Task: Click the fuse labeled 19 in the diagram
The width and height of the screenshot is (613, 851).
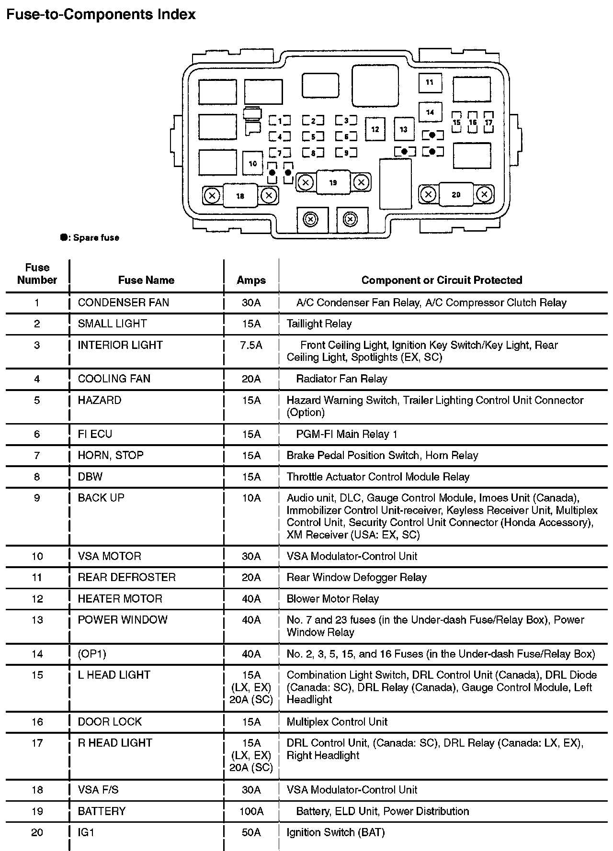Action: click(x=333, y=182)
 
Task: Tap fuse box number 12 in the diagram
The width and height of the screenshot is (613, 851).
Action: click(x=375, y=129)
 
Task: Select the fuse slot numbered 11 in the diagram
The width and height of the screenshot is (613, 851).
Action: click(x=430, y=83)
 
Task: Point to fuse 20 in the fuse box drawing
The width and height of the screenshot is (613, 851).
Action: click(x=456, y=194)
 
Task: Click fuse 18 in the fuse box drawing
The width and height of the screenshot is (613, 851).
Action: click(x=240, y=195)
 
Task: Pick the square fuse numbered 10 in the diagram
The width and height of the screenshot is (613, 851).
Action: click(x=253, y=164)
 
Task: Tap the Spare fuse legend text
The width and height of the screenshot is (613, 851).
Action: click(x=95, y=238)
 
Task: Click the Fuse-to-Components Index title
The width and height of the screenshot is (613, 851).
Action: click(x=101, y=15)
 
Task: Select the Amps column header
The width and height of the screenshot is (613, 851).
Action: click(x=251, y=280)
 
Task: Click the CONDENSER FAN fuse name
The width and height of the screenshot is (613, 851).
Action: click(x=124, y=302)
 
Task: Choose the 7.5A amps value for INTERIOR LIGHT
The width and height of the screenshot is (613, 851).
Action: click(x=251, y=345)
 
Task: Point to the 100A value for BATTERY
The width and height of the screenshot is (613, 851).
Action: click(x=251, y=811)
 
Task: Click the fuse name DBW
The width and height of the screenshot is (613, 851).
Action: click(x=90, y=477)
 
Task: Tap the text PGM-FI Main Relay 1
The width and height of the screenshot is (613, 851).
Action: click(x=347, y=434)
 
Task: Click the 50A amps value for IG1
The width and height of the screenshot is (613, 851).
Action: click(x=251, y=832)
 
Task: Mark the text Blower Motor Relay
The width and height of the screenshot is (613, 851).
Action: click(x=332, y=599)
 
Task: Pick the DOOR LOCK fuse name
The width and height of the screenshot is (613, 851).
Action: click(x=110, y=722)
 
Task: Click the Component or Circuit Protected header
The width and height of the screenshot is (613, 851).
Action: click(x=442, y=280)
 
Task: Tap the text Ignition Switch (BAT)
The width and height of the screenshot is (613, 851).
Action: click(x=336, y=832)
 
